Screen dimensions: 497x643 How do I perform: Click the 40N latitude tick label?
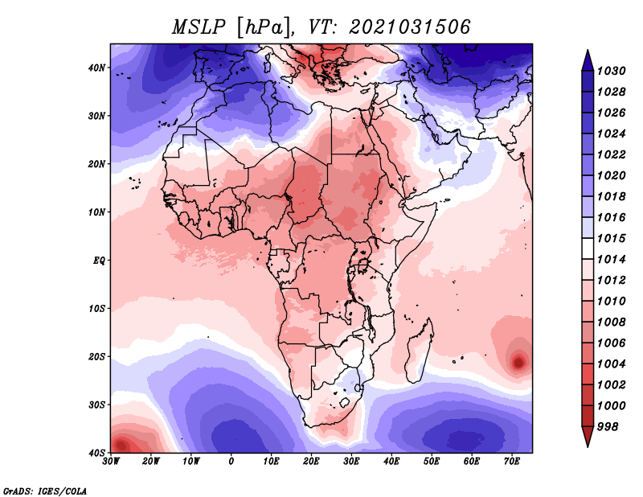pyautogui.click(x=97, y=68)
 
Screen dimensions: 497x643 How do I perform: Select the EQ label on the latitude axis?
pyautogui.click(x=99, y=261)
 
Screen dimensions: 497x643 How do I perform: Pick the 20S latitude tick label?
pyautogui.click(x=97, y=356)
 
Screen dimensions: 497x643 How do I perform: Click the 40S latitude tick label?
pyautogui.click(x=97, y=453)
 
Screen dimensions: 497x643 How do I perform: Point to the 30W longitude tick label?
pyautogui.click(x=112, y=462)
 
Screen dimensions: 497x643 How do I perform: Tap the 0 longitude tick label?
pyautogui.click(x=231, y=462)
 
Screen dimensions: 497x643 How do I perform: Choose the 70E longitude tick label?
pyautogui.click(x=512, y=462)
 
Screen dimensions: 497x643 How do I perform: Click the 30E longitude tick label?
pyautogui.click(x=351, y=462)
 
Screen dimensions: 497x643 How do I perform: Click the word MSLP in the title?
pyautogui.click(x=199, y=27)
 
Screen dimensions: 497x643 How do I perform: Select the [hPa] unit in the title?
pyautogui.click(x=260, y=27)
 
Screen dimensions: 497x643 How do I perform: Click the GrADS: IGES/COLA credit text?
pyautogui.click(x=45, y=490)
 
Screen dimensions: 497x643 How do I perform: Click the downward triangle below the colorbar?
pyautogui.click(x=588, y=436)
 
